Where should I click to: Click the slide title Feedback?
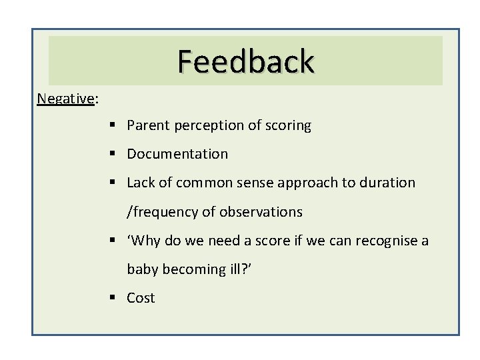click(x=245, y=61)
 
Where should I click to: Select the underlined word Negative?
click(x=66, y=99)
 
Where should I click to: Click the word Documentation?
click(x=177, y=154)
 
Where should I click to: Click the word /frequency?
click(x=160, y=213)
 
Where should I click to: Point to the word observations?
click(x=263, y=212)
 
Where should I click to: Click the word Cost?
click(x=141, y=298)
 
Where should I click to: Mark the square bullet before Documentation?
click(x=116, y=155)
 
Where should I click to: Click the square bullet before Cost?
click(x=116, y=298)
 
